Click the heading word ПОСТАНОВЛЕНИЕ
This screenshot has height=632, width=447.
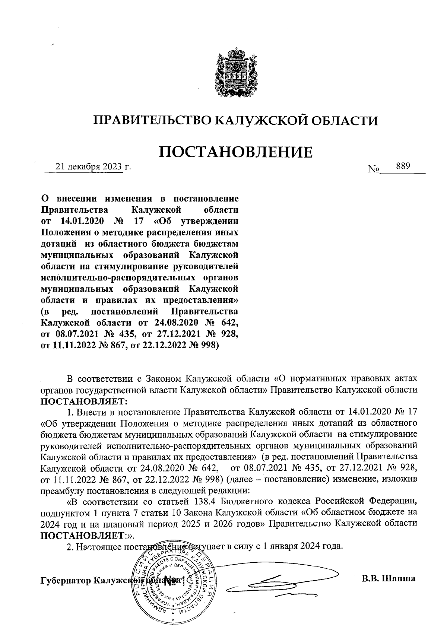[236, 152]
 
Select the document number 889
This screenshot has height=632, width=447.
[403, 166]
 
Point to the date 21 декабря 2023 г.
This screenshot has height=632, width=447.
[93, 167]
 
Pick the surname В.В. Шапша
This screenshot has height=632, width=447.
[388, 578]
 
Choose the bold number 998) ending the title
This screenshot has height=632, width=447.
[207, 345]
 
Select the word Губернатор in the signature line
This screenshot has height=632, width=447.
[66, 581]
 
